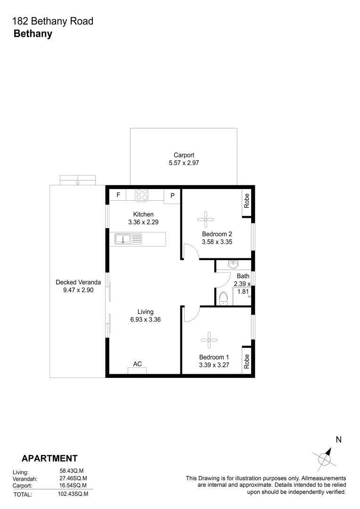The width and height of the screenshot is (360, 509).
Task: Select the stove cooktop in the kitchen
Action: click(x=142, y=195)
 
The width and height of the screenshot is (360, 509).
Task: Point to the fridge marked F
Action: click(x=118, y=195)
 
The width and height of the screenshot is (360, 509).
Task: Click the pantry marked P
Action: click(x=172, y=196)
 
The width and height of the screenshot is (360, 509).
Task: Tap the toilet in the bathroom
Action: click(x=224, y=298)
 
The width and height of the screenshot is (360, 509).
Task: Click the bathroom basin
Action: click(x=233, y=264)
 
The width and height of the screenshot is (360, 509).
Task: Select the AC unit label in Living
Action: click(x=138, y=364)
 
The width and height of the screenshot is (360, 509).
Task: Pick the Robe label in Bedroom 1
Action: click(x=246, y=361)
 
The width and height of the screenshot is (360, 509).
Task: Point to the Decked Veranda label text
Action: click(x=78, y=282)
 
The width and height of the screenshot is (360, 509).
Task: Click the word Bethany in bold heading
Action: click(x=33, y=33)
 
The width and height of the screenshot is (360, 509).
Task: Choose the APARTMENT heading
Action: click(x=49, y=458)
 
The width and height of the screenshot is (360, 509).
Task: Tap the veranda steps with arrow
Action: click(x=78, y=180)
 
